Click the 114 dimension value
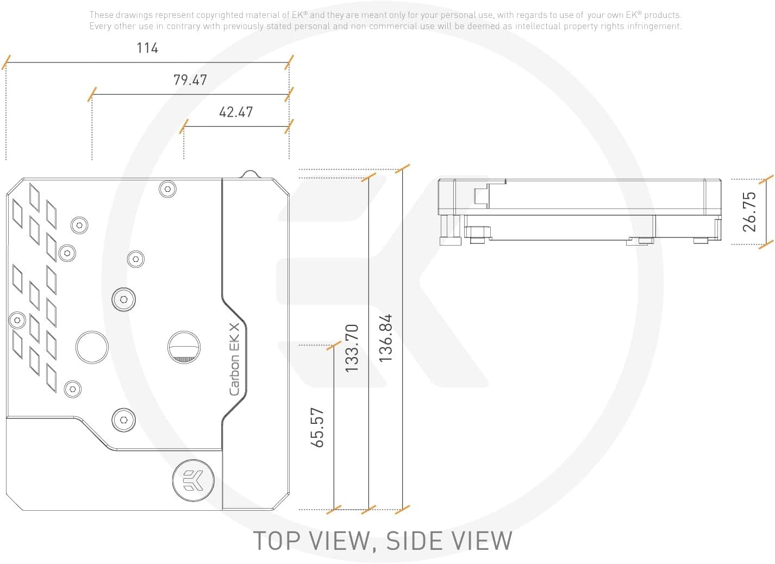pos(147,48)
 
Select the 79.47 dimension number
pos(190,80)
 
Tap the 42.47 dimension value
pos(236,112)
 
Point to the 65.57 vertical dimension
pos(317,428)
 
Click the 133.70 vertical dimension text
pos(352,348)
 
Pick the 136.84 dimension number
pos(386,338)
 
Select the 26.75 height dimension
pos(749,211)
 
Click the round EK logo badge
pos(193,480)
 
